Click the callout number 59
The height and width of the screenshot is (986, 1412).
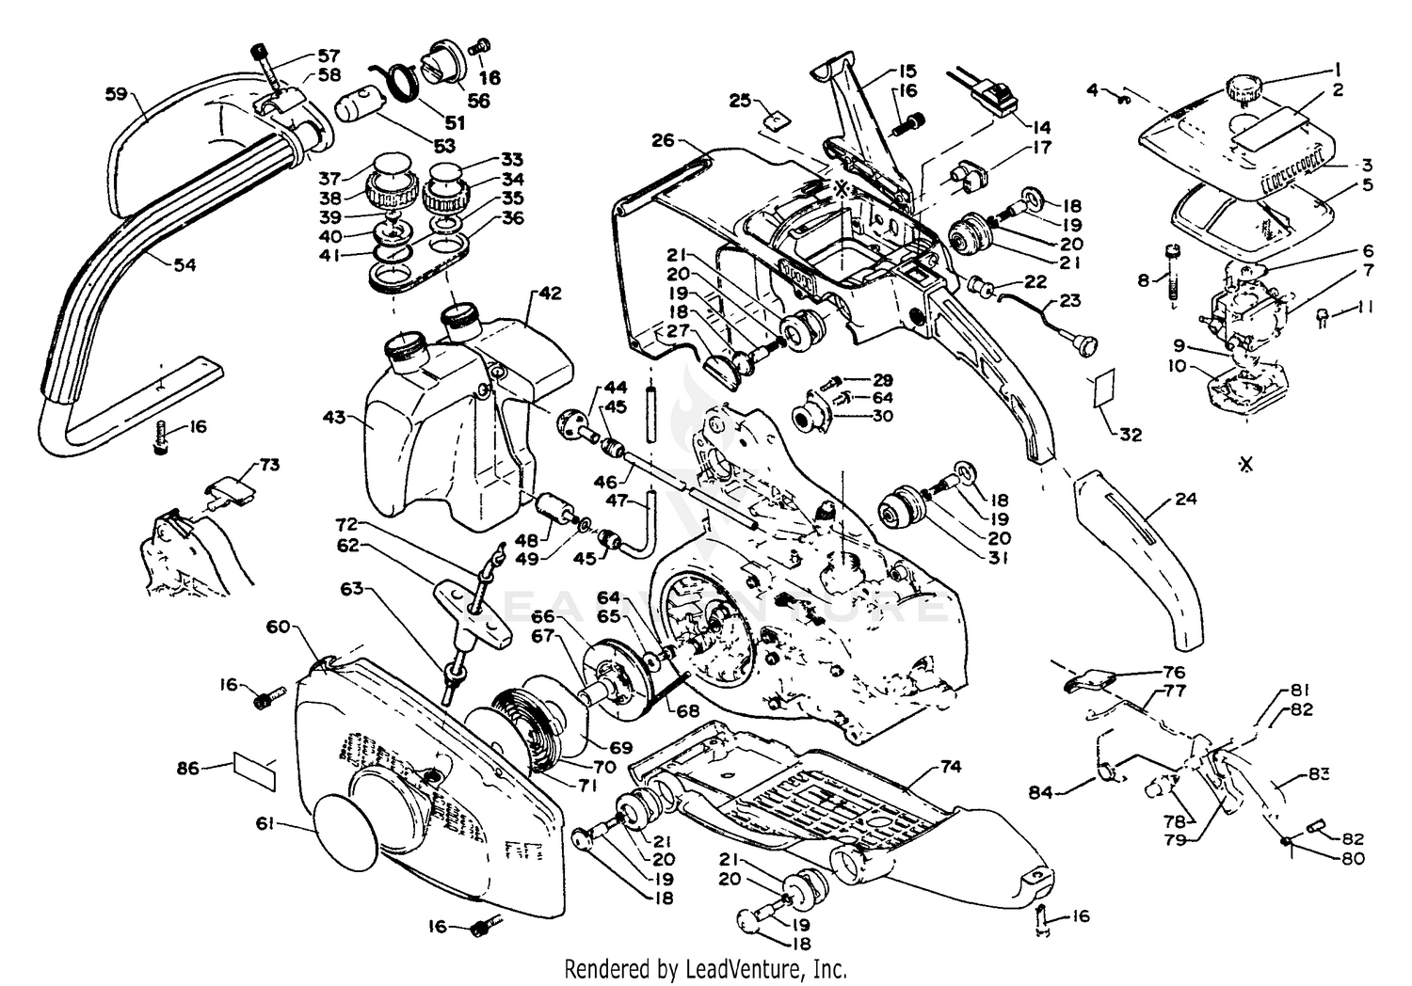115,94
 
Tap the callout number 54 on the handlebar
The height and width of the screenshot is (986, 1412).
185,265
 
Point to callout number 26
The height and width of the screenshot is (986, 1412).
663,140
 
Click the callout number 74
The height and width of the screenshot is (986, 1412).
951,767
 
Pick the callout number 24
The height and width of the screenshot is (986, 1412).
1186,499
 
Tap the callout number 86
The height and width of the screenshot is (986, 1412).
188,769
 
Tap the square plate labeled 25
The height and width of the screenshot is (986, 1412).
776,119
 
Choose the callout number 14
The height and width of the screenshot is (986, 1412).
1042,127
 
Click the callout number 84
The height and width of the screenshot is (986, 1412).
1067,793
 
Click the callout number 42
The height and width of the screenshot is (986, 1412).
551,293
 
